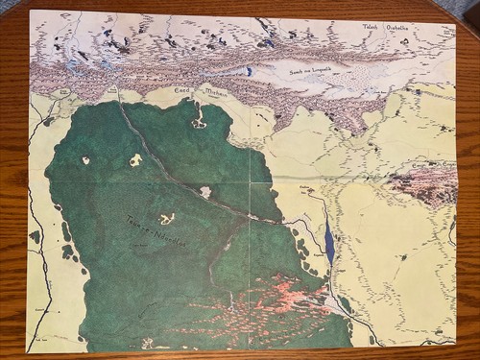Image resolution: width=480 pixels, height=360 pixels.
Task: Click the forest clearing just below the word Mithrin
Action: [199, 122]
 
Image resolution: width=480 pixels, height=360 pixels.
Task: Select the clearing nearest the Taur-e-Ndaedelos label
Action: [167, 219]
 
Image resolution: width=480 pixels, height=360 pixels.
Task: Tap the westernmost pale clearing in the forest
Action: [85, 160]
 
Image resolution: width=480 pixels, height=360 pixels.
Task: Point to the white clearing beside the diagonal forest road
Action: [205, 192]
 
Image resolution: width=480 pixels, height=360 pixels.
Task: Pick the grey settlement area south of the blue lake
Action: [336, 303]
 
